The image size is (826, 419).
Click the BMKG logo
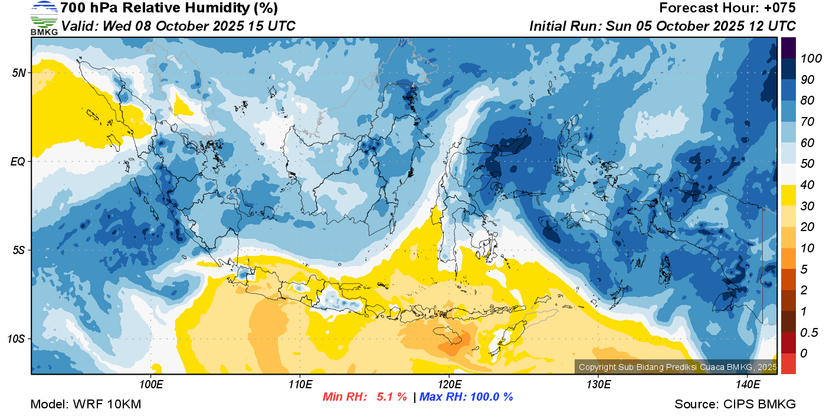click(x=44, y=18)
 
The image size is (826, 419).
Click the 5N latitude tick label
click(x=19, y=73)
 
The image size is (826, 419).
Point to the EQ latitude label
click(x=18, y=161)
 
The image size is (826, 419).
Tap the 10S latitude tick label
click(x=17, y=339)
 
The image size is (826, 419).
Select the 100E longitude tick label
click(x=151, y=385)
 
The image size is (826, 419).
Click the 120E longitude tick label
click(x=450, y=385)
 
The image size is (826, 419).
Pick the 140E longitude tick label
click(x=748, y=385)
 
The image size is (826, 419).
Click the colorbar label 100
click(x=811, y=59)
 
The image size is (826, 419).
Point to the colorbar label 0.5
click(x=809, y=333)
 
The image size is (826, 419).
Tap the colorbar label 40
click(x=807, y=185)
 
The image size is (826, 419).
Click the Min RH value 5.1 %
click(x=392, y=397)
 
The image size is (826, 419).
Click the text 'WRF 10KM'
click(x=107, y=404)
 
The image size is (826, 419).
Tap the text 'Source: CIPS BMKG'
click(x=735, y=404)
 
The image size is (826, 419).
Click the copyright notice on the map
click(x=678, y=367)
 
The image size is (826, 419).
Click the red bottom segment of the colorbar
click(x=788, y=363)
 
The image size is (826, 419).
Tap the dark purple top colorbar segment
click(x=788, y=48)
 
